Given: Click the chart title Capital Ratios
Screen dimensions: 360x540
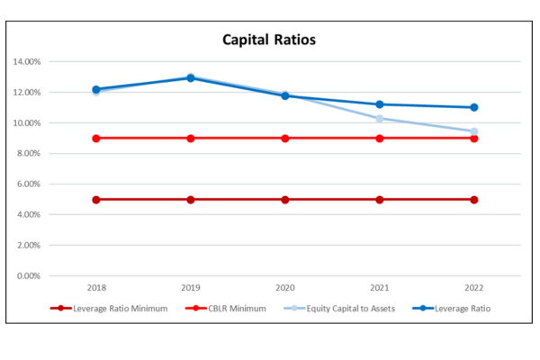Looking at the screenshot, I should point(269,40).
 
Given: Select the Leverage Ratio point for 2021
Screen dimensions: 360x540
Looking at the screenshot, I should point(379,104).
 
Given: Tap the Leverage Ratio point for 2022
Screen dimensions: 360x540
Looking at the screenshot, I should point(473,107).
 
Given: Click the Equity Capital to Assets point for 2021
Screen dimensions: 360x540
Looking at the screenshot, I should point(379,119).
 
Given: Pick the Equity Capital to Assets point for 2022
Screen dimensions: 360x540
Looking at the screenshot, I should point(473,131).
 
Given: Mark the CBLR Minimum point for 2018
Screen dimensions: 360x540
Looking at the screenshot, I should point(96,138).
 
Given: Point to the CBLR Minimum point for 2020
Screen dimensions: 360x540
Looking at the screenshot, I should point(285,138).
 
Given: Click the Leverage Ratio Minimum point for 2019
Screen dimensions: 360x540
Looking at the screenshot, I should point(191,199).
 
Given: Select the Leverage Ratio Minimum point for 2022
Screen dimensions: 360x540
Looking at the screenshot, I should point(473,199).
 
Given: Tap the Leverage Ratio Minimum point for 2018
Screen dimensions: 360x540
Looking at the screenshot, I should point(96,199).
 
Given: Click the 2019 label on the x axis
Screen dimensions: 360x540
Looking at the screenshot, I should point(191,289).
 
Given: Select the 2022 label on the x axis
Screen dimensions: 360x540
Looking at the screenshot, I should point(473,289).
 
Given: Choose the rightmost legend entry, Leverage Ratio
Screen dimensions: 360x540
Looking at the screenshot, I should point(459,309).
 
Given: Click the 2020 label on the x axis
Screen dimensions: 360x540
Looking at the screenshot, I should point(285,289).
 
